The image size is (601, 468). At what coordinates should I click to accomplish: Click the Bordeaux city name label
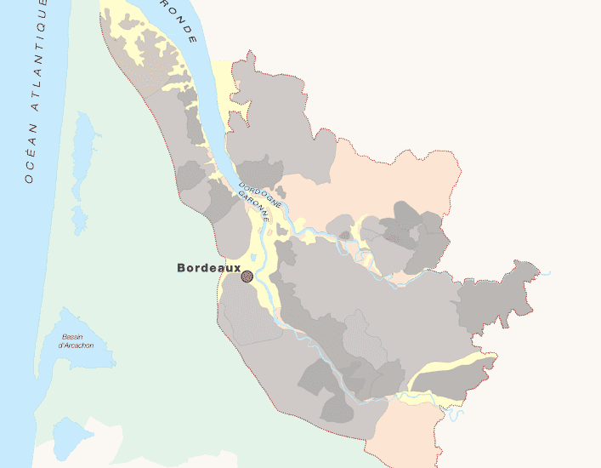click(209, 267)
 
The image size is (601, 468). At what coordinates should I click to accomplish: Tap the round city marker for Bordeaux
click(247, 277)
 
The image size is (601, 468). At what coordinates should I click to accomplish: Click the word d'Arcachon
click(76, 345)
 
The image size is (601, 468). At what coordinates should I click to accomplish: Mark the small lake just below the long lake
click(79, 220)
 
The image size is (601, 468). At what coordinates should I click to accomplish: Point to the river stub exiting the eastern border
click(542, 273)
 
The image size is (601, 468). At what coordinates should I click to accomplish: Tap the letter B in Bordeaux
click(181, 267)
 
